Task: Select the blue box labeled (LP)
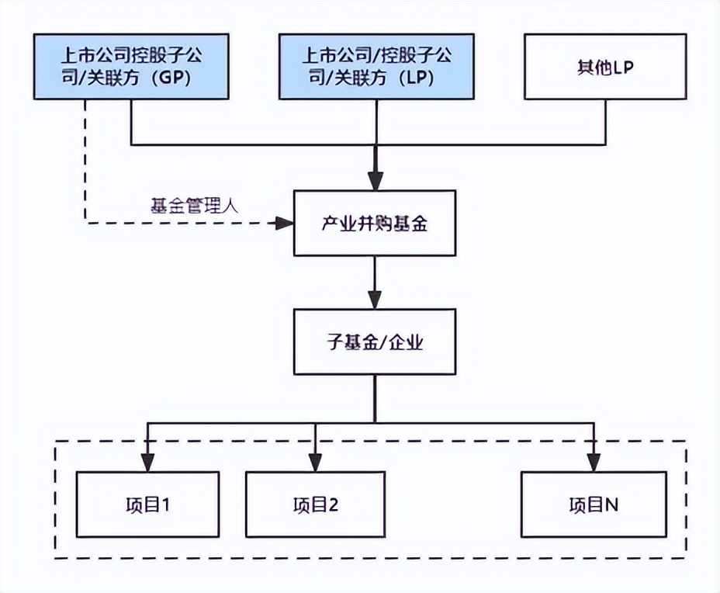coord(376,66)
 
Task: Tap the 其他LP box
coord(605,66)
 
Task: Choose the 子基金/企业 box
coord(375,342)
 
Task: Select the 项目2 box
coord(315,505)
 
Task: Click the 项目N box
coord(593,505)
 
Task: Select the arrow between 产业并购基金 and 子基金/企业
coord(376,283)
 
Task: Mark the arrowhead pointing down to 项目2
coord(315,463)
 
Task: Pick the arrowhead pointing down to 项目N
coord(594,463)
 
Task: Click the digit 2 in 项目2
coord(334,505)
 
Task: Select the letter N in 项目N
coord(611,505)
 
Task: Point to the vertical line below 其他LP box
coord(605,122)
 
